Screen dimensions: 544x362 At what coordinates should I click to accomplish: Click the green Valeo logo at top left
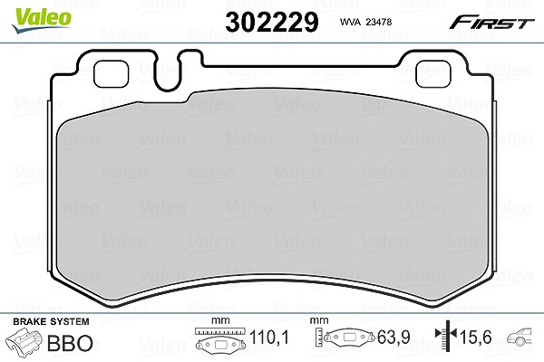coord(42,20)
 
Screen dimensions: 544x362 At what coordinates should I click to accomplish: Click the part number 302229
coord(272,22)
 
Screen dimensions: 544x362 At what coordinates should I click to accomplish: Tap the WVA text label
coord(351,22)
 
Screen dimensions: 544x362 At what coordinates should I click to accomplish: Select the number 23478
coord(379,22)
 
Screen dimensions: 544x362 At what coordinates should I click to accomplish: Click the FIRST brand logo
coord(491,23)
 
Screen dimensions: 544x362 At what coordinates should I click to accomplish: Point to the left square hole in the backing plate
coord(111,74)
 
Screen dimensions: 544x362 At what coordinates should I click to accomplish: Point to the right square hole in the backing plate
coord(433,74)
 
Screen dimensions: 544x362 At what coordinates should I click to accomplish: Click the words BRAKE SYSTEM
coord(51,321)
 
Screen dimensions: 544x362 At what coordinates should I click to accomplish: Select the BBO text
coord(70,343)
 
